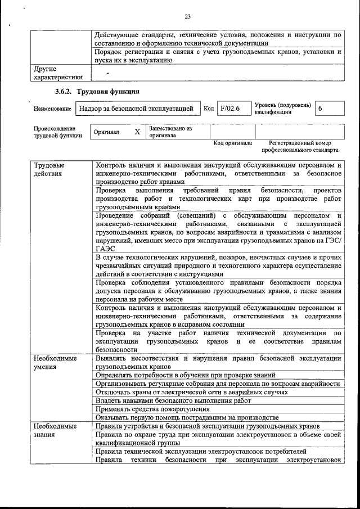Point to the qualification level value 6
[321, 108]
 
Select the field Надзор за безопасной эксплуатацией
[137, 108]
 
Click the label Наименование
[52, 109]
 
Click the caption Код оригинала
[232, 143]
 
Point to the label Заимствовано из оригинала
[170, 132]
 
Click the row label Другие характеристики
[58, 73]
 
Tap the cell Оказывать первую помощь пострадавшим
[187, 417]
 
